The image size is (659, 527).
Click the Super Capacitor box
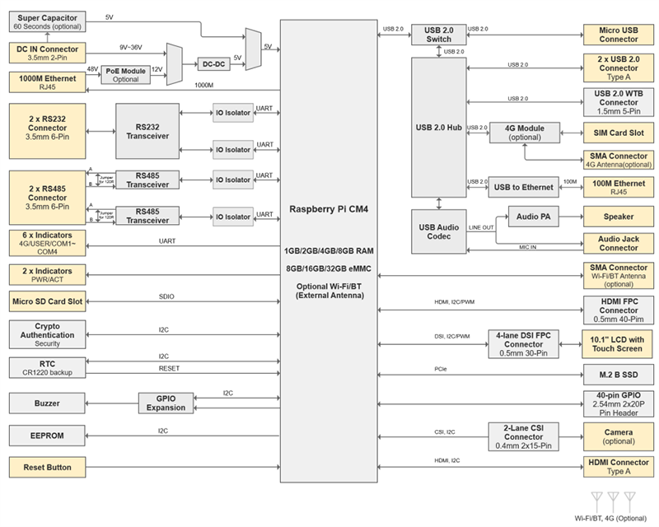click(49, 22)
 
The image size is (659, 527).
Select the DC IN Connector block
click(48, 52)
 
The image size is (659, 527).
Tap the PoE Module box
click(125, 74)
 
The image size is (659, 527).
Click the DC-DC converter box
click(214, 64)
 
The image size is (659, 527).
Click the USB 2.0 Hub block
click(442, 127)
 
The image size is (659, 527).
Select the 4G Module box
click(523, 133)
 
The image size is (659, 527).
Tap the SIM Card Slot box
click(618, 133)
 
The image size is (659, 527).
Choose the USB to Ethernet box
click(523, 187)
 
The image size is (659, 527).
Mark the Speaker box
click(618, 217)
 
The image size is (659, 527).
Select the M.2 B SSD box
click(618, 373)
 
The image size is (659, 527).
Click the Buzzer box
click(48, 403)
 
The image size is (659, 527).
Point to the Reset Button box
click(48, 468)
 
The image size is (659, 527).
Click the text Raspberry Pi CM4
click(327, 209)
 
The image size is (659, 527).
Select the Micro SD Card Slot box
click(48, 301)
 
